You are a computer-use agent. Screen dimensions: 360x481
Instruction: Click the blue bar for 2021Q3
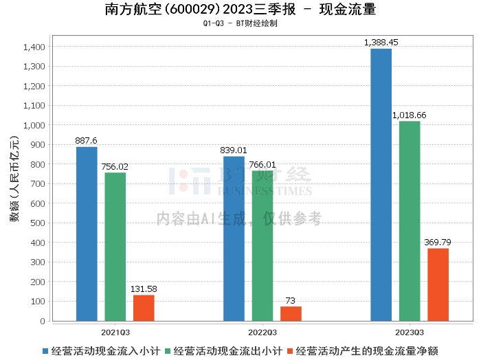click(x=87, y=234)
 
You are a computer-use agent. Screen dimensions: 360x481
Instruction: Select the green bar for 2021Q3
click(x=115, y=247)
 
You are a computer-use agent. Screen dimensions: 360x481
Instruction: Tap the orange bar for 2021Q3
click(x=144, y=308)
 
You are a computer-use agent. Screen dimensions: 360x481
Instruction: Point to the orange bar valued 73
click(x=291, y=313)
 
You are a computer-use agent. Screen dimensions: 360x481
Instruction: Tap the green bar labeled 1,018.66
click(x=410, y=221)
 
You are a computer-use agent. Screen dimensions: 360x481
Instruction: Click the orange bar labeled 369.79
click(x=438, y=284)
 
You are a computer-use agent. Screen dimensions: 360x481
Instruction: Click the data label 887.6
click(x=87, y=141)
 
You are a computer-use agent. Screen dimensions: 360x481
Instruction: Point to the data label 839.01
click(x=234, y=150)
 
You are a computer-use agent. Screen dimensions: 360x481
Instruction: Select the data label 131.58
click(x=144, y=289)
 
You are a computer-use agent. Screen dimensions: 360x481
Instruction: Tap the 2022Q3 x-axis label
click(x=262, y=330)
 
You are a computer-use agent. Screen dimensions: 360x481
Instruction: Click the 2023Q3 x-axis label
click(x=410, y=330)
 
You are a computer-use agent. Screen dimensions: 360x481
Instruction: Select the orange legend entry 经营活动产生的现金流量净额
click(x=363, y=350)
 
